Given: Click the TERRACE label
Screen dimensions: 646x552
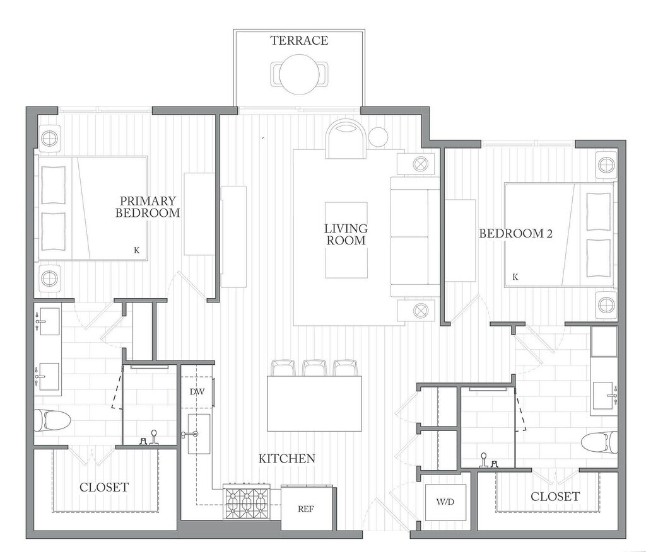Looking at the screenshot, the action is coord(299,40).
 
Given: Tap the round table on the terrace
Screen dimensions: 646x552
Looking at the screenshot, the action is coord(299,74).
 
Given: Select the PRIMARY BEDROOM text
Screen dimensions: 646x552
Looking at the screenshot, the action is coord(148,207).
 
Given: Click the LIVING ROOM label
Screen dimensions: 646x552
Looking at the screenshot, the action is coord(346,234).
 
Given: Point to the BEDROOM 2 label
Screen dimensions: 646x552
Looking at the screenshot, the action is coord(515,233).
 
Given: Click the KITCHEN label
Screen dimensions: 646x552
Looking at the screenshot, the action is coord(287,458).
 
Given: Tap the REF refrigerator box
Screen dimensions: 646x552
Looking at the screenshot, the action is coord(306,509).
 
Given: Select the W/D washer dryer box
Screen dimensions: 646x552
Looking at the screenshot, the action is coord(445,502).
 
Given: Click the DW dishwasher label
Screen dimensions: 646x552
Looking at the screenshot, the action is coord(197,391).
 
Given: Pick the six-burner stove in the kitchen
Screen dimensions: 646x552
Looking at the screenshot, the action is coord(247,502).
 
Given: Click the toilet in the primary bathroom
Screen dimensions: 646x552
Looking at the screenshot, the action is coord(52,420).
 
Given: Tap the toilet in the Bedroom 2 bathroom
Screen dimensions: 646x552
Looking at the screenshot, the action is coord(599,444).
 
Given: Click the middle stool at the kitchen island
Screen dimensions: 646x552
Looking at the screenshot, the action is coord(314,367).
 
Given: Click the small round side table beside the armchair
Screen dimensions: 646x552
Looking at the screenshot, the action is coord(379,137).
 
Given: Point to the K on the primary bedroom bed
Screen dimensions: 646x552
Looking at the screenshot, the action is coord(137,250).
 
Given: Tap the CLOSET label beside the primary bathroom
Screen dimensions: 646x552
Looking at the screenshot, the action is coord(104,487).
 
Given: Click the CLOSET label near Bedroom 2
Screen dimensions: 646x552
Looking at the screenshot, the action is coord(555,497).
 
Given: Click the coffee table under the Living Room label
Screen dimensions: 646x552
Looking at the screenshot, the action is coord(346,240).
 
